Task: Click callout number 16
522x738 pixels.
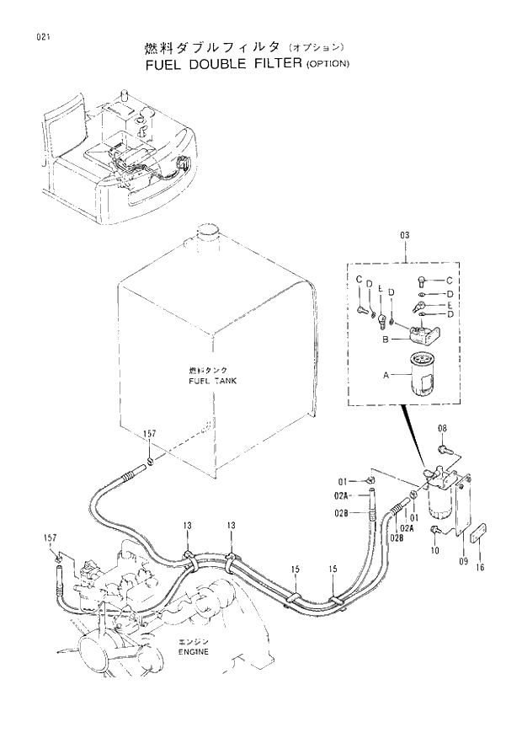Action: pyautogui.click(x=480, y=568)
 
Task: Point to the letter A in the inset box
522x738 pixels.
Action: pyautogui.click(x=386, y=374)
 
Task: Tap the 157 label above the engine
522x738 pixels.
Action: pyautogui.click(x=50, y=537)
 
